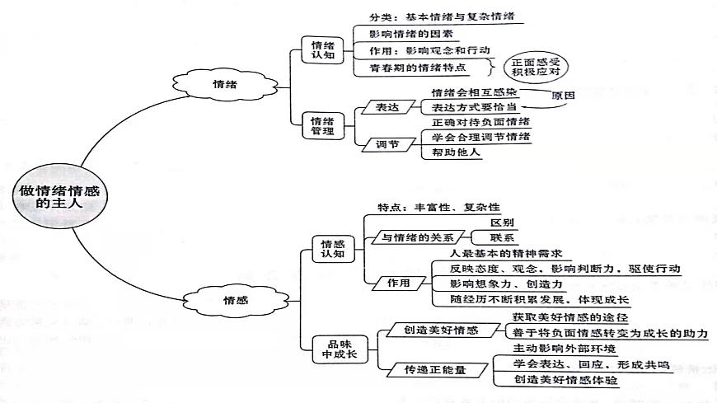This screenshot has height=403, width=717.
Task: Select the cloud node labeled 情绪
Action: [220, 84]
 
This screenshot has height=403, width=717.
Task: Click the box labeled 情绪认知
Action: [318, 51]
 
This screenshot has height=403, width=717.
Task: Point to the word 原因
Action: [562, 95]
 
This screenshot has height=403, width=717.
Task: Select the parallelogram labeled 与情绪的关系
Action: [417, 237]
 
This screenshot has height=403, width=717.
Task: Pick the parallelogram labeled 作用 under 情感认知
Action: [399, 283]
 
